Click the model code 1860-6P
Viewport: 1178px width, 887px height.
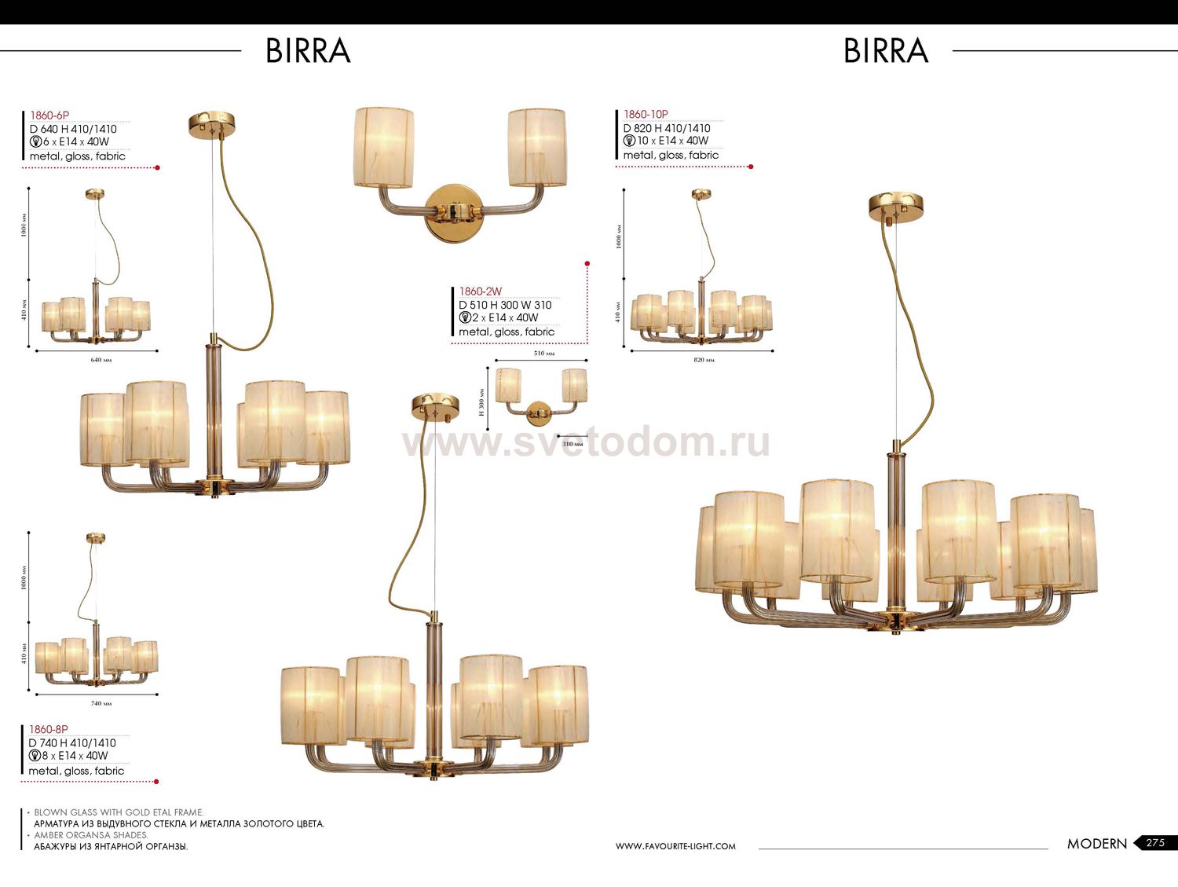click(x=49, y=115)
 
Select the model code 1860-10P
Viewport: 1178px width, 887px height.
click(x=646, y=115)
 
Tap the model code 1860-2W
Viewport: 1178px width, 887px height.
click(x=481, y=291)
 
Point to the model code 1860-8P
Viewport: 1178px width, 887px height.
click(x=49, y=729)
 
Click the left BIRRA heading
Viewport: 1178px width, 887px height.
click(x=308, y=51)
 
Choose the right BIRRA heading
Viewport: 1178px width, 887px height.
click(x=886, y=51)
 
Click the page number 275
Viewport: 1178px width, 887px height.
click(x=1155, y=843)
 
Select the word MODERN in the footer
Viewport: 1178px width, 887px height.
click(x=1096, y=844)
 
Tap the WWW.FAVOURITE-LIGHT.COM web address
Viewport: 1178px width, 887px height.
click(x=675, y=846)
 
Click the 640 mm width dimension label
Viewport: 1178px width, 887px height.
click(x=101, y=360)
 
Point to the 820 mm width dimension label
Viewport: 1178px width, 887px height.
click(x=704, y=360)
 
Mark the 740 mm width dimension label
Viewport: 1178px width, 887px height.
click(x=101, y=703)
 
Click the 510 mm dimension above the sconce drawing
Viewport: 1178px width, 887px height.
click(x=543, y=354)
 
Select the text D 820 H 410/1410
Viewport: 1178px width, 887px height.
click(x=667, y=128)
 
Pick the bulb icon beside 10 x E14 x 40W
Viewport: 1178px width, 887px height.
click(x=629, y=141)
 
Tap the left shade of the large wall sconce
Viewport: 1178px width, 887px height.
click(x=383, y=148)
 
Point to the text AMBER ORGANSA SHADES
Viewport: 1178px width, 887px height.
click(x=90, y=835)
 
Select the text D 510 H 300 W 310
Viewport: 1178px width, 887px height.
click(x=505, y=305)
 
